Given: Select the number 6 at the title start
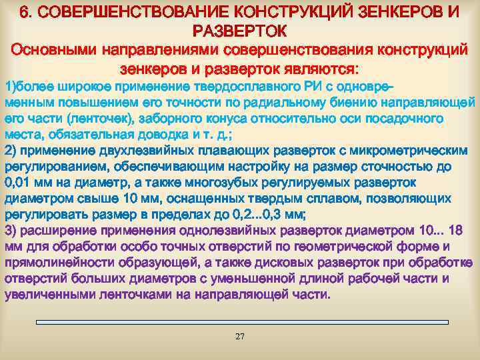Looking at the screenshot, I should pyautogui.click(x=24, y=12).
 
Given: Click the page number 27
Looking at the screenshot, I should pyautogui.click(x=240, y=336).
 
